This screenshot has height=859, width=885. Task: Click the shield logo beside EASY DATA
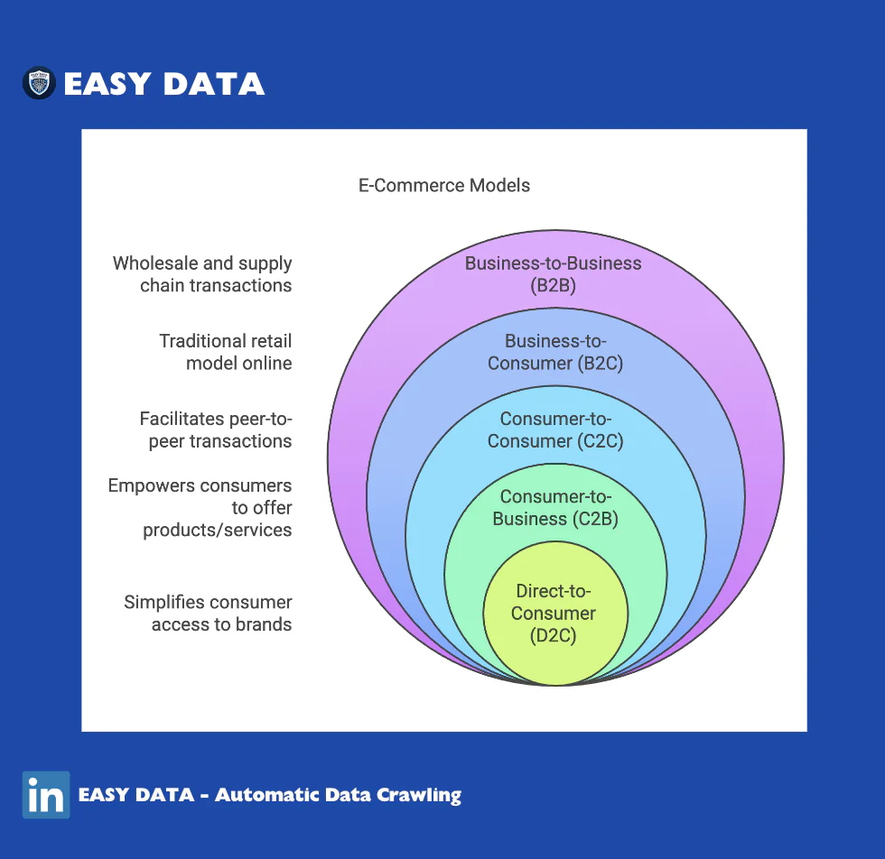coord(39,83)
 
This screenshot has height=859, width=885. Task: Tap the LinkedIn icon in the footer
coord(46,795)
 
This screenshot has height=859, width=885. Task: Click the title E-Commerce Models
coord(444,186)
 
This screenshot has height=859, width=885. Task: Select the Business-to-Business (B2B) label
coord(553,274)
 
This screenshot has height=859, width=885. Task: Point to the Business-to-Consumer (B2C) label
coord(555,352)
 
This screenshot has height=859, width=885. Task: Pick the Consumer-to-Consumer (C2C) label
coord(555,429)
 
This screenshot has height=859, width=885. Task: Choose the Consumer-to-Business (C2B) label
coord(555,508)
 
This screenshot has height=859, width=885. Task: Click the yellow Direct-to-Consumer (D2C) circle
coord(555,614)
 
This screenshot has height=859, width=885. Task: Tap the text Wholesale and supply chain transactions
coord(202,274)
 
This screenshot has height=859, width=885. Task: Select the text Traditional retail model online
coord(226,352)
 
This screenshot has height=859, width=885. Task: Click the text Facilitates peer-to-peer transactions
coord(216,429)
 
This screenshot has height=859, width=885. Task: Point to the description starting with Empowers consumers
coord(200,508)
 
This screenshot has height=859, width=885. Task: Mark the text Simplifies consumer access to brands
coord(208,614)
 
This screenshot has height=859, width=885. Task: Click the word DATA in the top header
coord(214,84)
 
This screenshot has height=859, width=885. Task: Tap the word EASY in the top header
coord(107,84)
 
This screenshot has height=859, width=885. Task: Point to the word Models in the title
coord(500,186)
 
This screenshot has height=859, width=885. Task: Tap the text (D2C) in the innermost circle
coord(553,635)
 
